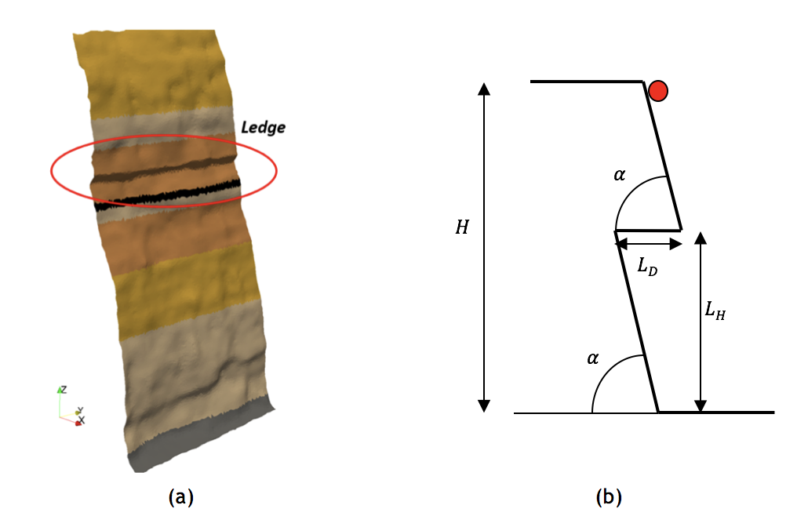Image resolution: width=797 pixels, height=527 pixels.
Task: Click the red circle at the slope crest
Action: coord(658,91)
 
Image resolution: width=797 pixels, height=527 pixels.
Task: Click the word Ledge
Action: coord(263,128)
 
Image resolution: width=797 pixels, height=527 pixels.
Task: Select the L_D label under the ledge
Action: coord(647,267)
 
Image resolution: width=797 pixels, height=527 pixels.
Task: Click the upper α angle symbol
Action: coord(620,175)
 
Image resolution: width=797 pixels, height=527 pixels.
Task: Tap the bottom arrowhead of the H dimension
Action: coord(484,405)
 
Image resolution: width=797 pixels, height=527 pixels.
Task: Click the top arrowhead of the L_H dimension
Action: coord(701,237)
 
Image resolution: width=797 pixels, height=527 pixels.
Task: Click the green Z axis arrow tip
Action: coord(60,388)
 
